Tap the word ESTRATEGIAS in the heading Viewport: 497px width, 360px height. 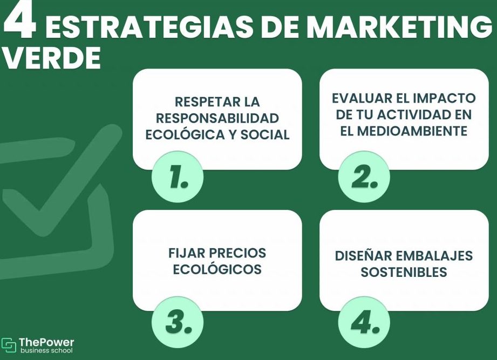point(149,27)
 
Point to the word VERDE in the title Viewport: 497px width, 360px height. point(52,58)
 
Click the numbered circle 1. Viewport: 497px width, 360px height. point(177,176)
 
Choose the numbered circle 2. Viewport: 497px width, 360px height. point(364,176)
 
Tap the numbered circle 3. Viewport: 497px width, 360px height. point(177,322)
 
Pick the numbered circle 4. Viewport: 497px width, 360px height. point(364,322)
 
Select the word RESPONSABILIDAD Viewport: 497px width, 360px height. point(217,118)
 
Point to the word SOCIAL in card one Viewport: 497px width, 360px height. point(265,135)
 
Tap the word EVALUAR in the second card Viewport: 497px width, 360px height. point(361,98)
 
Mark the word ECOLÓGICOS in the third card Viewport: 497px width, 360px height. point(217,269)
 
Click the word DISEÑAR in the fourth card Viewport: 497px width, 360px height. point(362,256)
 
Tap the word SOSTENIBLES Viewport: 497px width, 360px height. point(404,272)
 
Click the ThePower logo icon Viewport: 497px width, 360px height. point(9,345)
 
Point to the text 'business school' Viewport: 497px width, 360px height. point(46,350)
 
